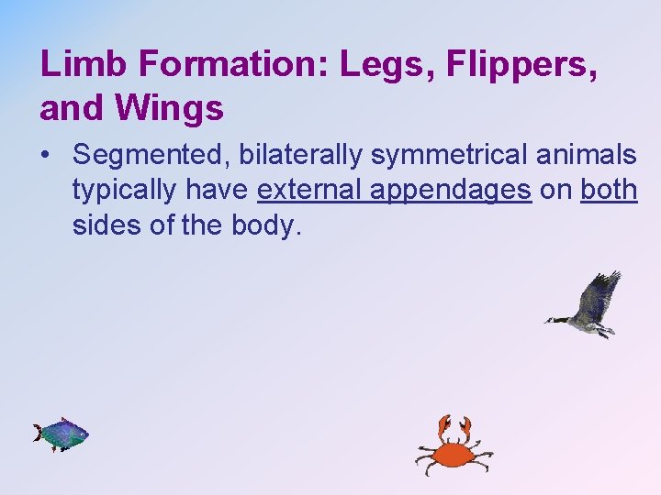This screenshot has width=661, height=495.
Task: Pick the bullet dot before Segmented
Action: pyautogui.click(x=46, y=156)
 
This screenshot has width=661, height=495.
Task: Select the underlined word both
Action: pyautogui.click(x=610, y=190)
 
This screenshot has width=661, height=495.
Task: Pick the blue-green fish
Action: pyautogui.click(x=62, y=434)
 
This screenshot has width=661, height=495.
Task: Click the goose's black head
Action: pyautogui.click(x=554, y=320)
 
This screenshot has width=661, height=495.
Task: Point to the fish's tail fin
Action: pyautogui.click(x=39, y=433)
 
